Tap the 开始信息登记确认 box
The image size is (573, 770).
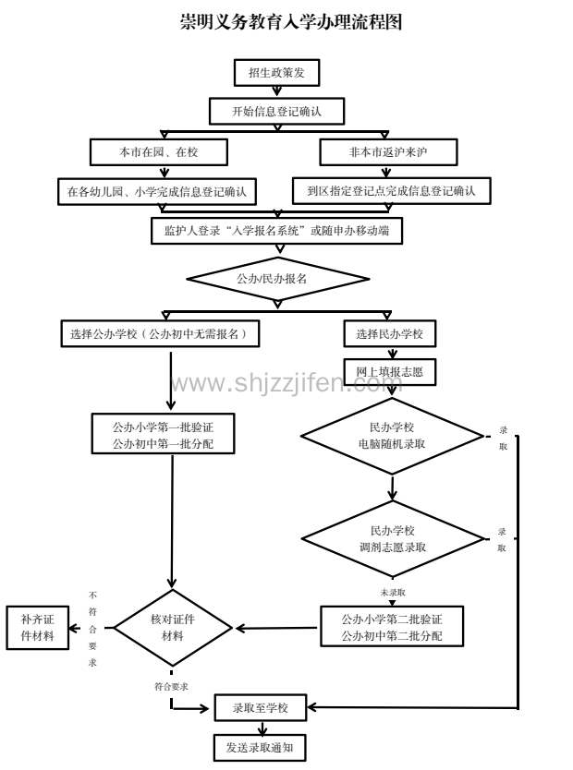(x=276, y=112)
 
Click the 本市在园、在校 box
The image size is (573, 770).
(x=158, y=151)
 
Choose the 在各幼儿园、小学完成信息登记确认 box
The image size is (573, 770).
(x=157, y=191)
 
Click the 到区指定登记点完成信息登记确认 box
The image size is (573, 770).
(x=391, y=191)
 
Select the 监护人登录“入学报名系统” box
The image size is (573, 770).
(x=276, y=233)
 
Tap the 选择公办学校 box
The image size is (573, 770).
(x=158, y=332)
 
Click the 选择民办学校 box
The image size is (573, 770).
(x=390, y=332)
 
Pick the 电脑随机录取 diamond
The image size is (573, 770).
(x=392, y=435)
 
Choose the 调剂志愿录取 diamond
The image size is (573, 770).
(x=392, y=538)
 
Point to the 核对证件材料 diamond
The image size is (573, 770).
(x=172, y=628)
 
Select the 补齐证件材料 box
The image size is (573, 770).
(x=38, y=628)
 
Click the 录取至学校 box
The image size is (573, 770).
(x=260, y=708)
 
